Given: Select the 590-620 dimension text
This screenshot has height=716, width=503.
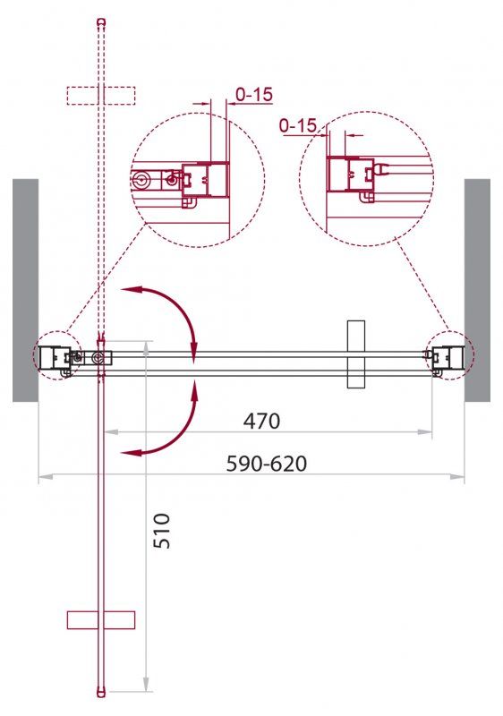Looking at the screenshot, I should point(268,464).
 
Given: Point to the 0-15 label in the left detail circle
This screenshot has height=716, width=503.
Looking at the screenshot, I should point(254,93).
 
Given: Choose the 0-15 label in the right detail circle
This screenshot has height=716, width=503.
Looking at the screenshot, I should point(298,126).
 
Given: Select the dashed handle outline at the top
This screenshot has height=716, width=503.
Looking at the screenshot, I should point(100,94).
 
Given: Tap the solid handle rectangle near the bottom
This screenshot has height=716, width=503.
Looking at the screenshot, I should point(100,619).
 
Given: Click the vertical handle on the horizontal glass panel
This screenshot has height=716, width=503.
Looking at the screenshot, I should point(357,354).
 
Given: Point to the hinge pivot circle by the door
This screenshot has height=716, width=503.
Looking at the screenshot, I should point(97,358).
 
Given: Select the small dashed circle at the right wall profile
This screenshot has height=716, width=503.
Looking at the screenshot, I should point(448,356).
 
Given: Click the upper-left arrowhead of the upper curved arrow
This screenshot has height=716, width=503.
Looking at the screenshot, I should point(126,289).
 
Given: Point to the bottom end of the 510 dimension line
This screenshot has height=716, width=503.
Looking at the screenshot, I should point(145,690).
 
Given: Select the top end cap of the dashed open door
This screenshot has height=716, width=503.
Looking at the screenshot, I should point(100,21).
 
